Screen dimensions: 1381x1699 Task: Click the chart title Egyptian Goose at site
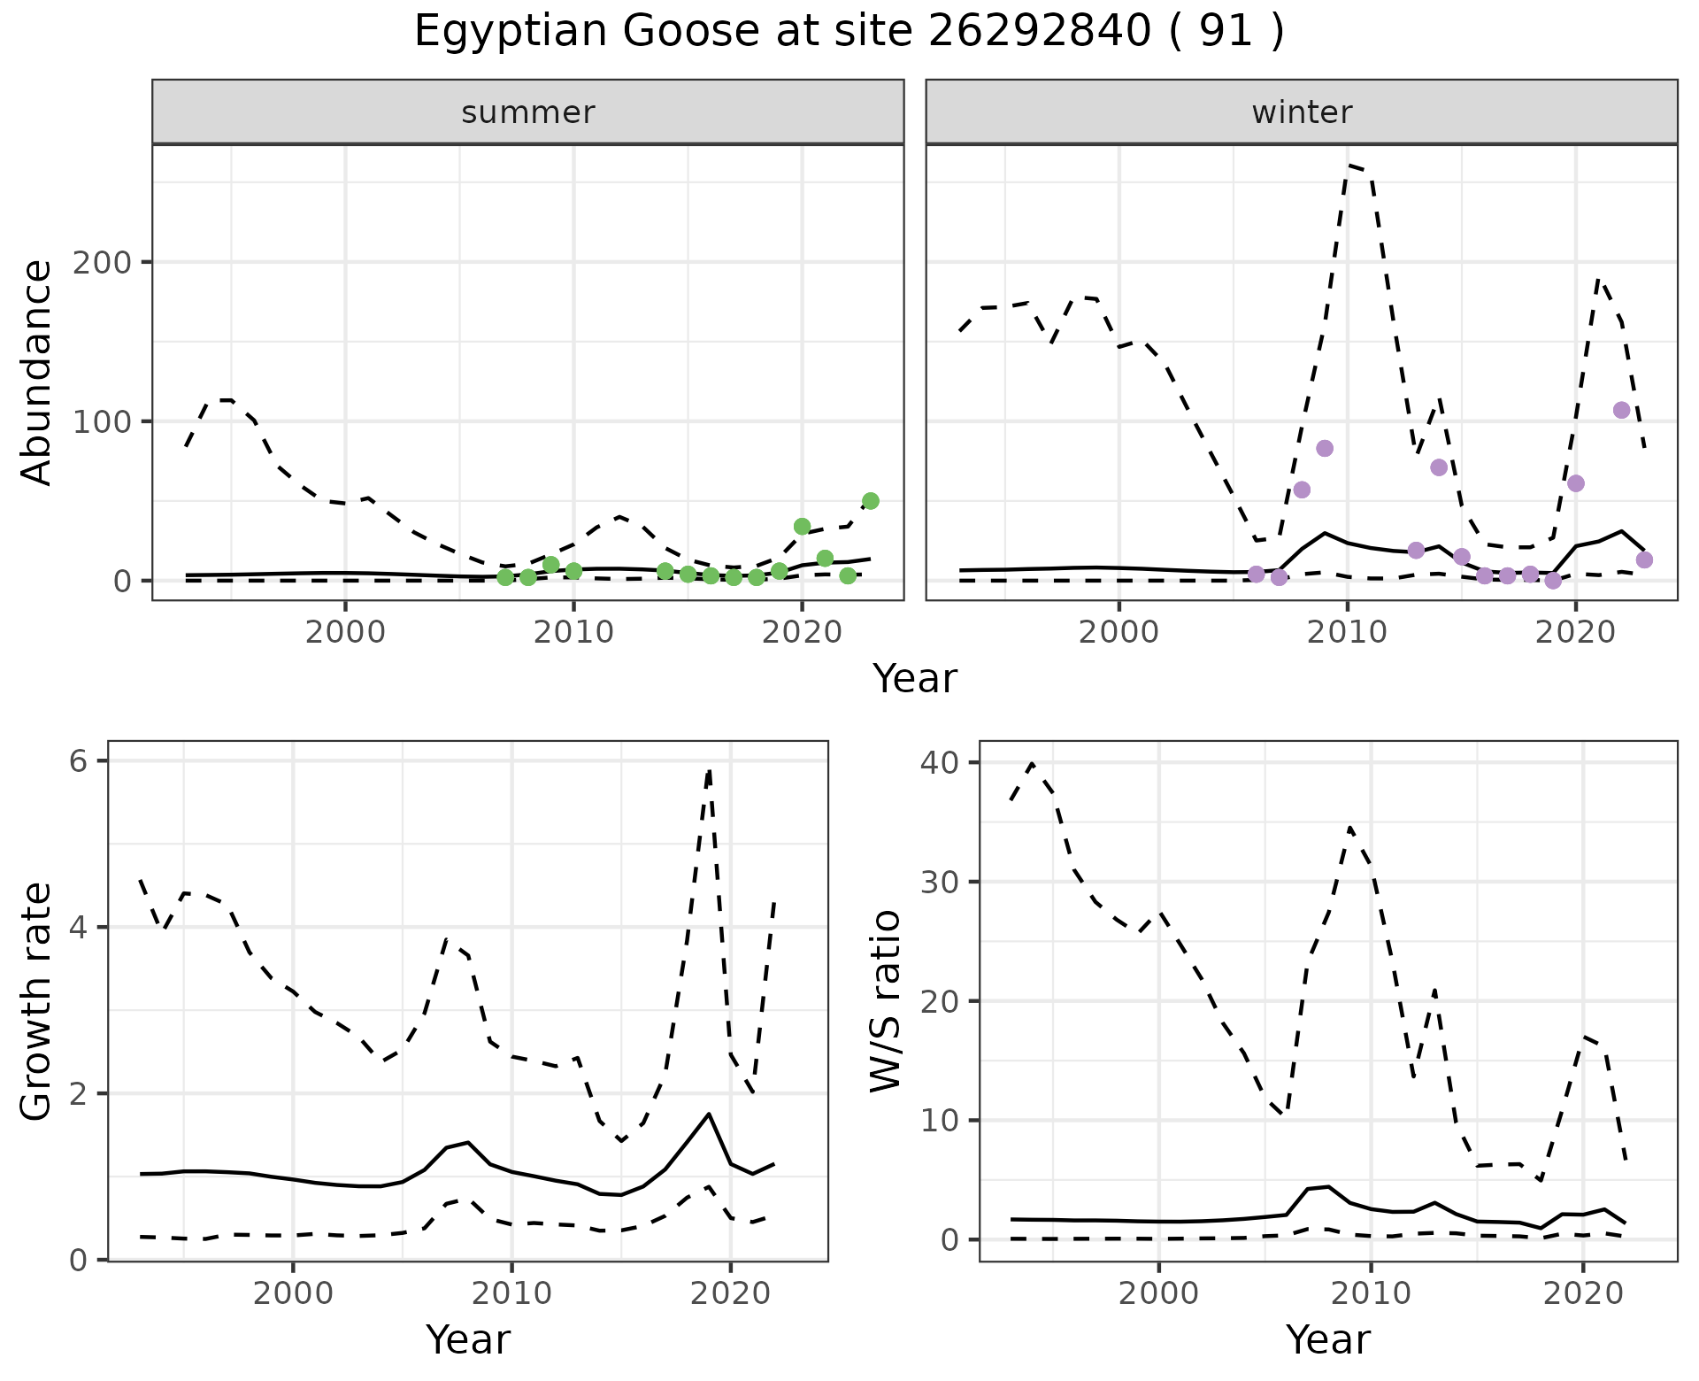point(849,32)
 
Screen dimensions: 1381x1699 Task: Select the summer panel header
point(528,112)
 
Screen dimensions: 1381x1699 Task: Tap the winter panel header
point(1302,112)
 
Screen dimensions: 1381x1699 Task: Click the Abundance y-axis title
point(37,373)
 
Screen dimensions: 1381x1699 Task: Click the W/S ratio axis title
point(886,1001)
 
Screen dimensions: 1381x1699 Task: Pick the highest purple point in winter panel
point(1621,410)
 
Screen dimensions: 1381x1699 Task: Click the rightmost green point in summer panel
point(870,501)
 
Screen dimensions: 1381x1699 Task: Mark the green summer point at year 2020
point(802,527)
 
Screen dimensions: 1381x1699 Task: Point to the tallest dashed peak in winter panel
point(1349,166)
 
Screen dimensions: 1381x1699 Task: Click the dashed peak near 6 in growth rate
point(709,771)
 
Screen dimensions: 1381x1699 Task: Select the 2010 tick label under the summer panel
point(573,633)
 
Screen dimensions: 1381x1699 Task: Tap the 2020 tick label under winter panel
point(1575,633)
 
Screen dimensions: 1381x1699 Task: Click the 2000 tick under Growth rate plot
point(293,1293)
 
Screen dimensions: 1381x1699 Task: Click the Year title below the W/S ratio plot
point(1327,1339)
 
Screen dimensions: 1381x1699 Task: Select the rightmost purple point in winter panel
point(1644,559)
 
